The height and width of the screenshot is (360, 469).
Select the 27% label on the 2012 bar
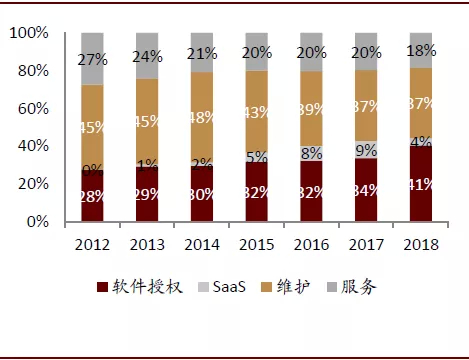pyautogui.click(x=92, y=59)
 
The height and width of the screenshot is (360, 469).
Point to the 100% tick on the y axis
pyautogui.click(x=29, y=33)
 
